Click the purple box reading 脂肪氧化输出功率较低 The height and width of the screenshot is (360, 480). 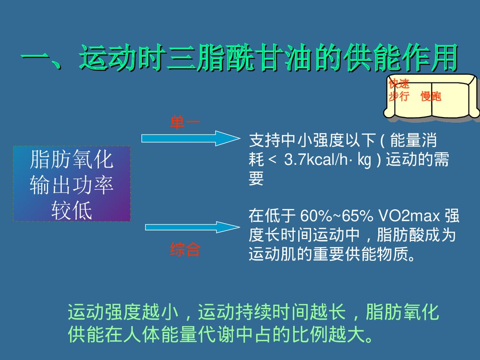[72, 184]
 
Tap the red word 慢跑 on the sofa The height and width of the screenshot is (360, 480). [431, 97]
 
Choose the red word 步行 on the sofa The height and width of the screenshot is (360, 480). [398, 96]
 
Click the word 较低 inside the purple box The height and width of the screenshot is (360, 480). [72, 211]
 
